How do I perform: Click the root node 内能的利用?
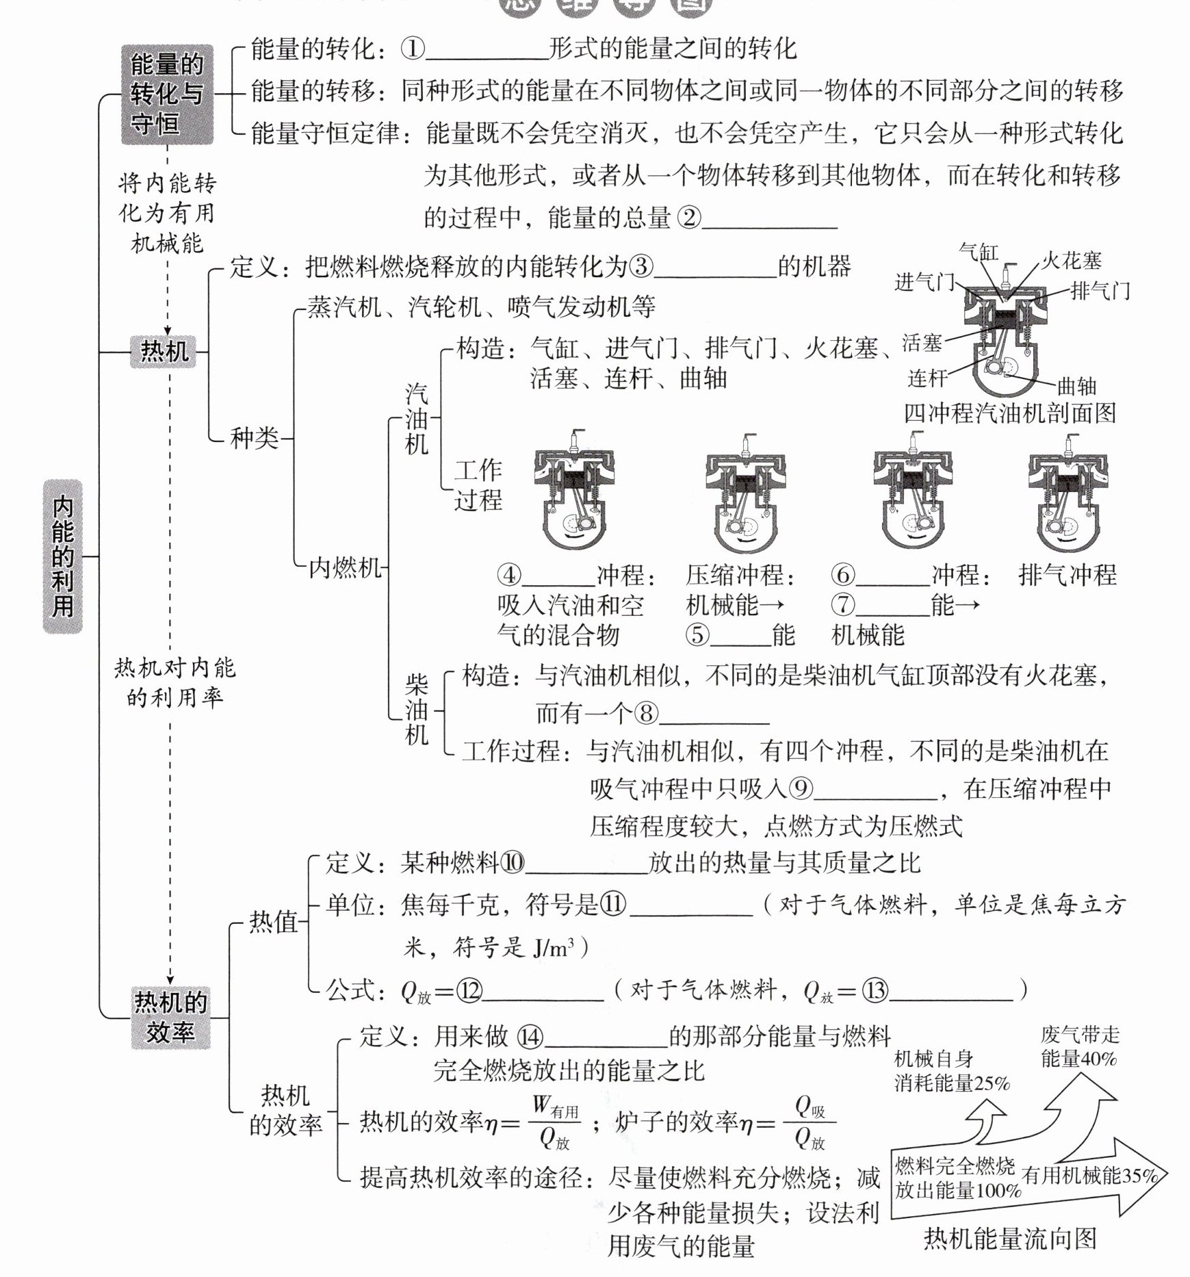pyautogui.click(x=63, y=556)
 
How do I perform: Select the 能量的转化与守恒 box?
pyautogui.click(x=167, y=94)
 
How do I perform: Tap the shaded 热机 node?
pyautogui.click(x=164, y=351)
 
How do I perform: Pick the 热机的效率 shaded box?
pyautogui.click(x=170, y=1018)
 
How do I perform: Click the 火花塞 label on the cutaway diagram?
pyautogui.click(x=1072, y=261)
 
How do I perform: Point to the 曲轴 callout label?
pyautogui.click(x=1076, y=387)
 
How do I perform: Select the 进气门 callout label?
pyautogui.click(x=924, y=282)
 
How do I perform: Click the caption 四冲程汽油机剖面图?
pyautogui.click(x=1010, y=413)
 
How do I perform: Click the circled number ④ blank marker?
pyautogui.click(x=509, y=575)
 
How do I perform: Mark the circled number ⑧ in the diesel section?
pyautogui.click(x=645, y=714)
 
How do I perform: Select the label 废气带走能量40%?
pyautogui.click(x=1080, y=1046)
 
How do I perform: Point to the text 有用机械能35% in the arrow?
pyautogui.click(x=1089, y=1176)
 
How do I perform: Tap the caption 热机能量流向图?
pyautogui.click(x=1010, y=1237)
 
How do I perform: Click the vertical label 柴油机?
pyautogui.click(x=417, y=709)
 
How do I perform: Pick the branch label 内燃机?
pyautogui.click(x=344, y=567)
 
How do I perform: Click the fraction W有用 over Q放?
pyautogui.click(x=554, y=1123)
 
